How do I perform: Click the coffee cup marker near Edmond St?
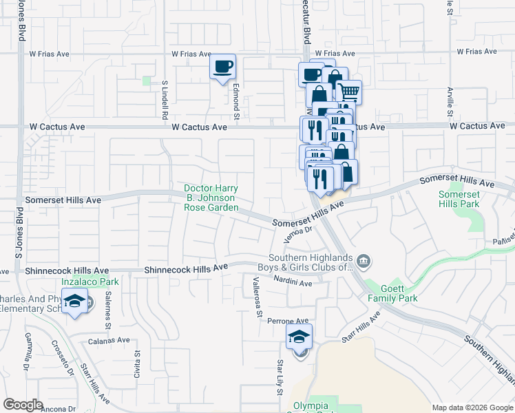click(222, 67)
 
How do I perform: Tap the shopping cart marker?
click(349, 92)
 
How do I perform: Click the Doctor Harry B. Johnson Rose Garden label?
click(211, 198)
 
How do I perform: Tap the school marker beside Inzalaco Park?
click(74, 301)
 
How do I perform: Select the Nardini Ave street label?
click(292, 283)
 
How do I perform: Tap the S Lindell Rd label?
click(165, 97)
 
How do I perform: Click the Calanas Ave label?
click(109, 340)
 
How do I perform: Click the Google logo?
click(23, 405)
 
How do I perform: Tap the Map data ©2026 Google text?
click(472, 407)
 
